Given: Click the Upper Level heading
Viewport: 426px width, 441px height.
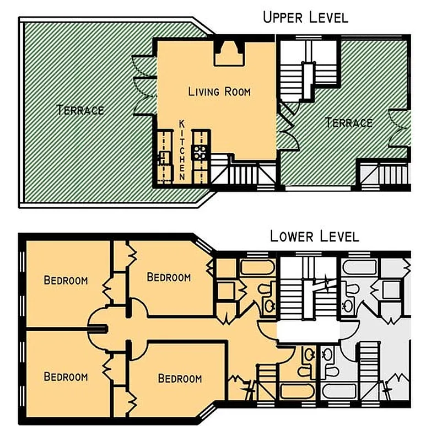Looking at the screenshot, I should [x=305, y=17].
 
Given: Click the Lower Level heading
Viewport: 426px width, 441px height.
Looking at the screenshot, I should [x=314, y=236].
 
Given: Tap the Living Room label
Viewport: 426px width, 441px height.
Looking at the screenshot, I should [x=219, y=92].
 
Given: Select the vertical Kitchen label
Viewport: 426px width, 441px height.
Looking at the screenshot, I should [x=181, y=149].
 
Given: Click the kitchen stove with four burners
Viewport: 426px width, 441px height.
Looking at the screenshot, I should [x=199, y=152].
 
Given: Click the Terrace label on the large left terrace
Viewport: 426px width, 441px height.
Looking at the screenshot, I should [x=80, y=110].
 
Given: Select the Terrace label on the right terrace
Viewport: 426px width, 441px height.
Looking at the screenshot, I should [x=349, y=122].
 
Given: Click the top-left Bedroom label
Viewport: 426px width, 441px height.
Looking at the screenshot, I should [x=66, y=281].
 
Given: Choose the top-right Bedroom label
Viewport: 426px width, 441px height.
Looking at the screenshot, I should [x=169, y=277].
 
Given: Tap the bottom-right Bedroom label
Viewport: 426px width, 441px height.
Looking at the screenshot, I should [x=180, y=379].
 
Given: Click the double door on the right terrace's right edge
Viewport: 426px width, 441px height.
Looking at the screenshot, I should [x=400, y=128].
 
